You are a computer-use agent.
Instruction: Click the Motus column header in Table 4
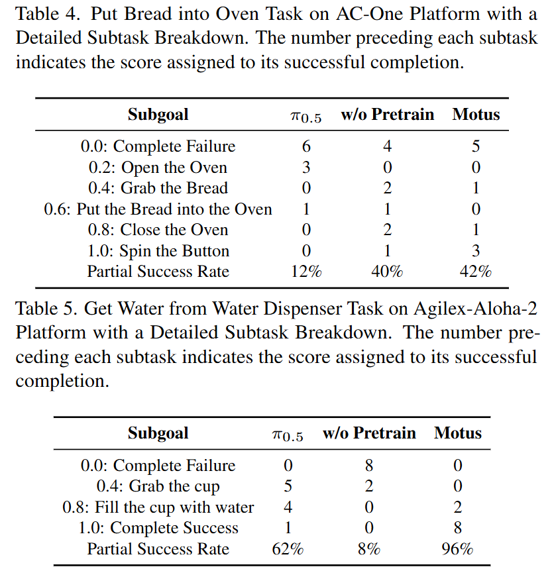(x=476, y=115)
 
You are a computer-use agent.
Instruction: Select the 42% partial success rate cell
(x=476, y=272)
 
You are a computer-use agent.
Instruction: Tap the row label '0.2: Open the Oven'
(x=158, y=168)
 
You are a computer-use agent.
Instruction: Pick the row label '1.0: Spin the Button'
(x=158, y=251)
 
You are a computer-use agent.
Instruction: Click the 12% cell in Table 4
(x=305, y=272)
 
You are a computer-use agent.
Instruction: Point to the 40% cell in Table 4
(x=387, y=272)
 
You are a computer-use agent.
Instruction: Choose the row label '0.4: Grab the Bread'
(x=158, y=188)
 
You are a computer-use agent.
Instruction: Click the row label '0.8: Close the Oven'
(x=158, y=230)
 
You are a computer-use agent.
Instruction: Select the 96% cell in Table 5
(x=457, y=549)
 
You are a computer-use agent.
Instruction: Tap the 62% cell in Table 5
(x=288, y=549)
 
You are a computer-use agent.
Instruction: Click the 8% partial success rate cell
(x=369, y=549)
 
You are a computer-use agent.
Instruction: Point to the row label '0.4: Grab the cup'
(x=158, y=487)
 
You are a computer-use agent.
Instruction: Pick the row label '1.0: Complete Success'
(x=158, y=529)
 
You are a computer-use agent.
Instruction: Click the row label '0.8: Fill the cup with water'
(x=158, y=508)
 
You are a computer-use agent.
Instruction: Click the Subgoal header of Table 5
(x=158, y=434)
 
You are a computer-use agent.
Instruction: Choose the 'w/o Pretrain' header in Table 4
(x=387, y=115)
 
